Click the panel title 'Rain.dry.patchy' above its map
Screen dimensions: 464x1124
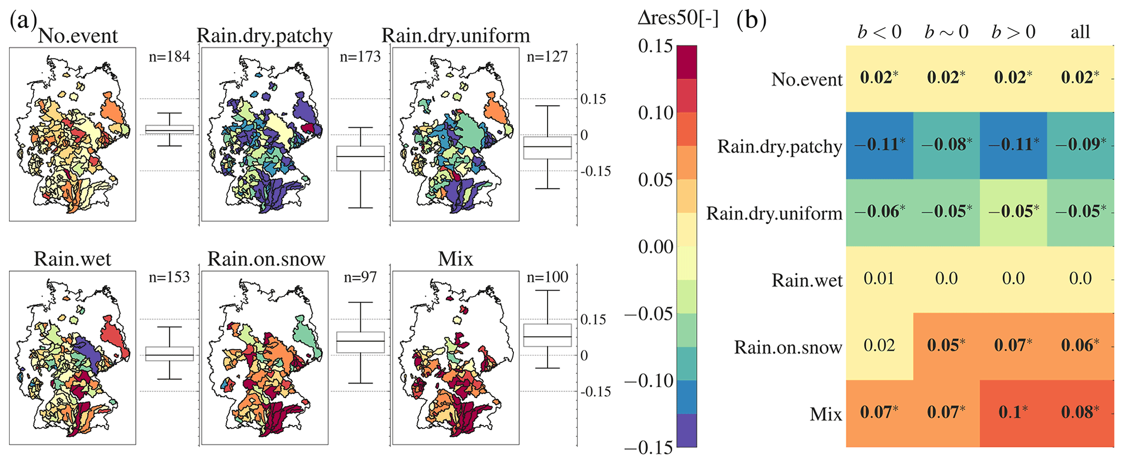264,36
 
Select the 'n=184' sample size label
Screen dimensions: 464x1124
169,57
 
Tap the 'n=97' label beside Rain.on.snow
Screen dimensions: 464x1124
361,277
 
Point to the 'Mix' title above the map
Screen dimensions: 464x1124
455,259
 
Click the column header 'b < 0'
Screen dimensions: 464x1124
879,33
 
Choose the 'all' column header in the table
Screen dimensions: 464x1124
1080,33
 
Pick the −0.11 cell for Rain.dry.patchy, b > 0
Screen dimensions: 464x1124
1013,145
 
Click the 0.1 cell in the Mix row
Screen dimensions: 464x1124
1013,412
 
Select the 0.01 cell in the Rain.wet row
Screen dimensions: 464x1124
879,279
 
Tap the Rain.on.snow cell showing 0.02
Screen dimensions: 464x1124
879,346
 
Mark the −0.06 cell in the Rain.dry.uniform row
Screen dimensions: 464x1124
879,212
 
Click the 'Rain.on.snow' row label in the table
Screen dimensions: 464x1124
788,347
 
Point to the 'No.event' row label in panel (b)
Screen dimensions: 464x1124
806,80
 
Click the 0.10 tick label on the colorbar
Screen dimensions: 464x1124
655,113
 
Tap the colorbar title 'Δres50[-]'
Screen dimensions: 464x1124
678,19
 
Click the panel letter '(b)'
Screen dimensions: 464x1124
751,21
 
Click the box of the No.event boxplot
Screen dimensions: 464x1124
170,129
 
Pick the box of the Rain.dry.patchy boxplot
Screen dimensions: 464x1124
361,158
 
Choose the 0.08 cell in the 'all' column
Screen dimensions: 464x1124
1080,412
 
